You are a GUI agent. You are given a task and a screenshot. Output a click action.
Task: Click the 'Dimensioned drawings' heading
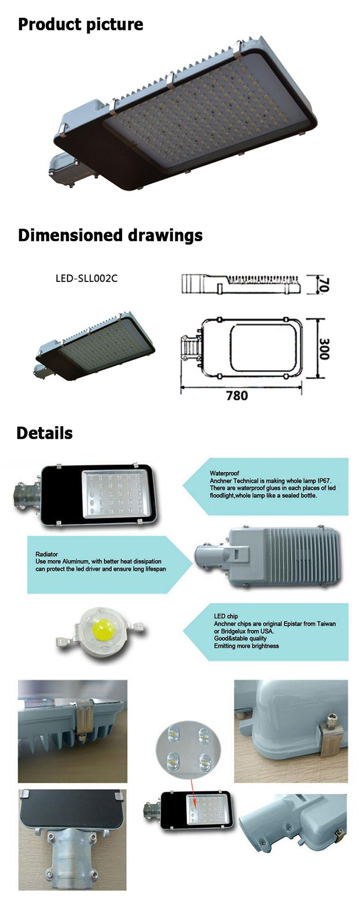pyautogui.click(x=110, y=235)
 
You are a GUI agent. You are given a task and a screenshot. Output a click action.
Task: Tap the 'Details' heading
pyautogui.click(x=45, y=433)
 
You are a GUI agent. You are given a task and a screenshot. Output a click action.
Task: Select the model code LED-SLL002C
pyautogui.click(x=86, y=278)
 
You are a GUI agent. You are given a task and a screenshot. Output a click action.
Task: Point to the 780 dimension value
pyautogui.click(x=237, y=396)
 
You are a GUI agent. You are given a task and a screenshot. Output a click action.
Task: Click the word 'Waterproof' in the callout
pyautogui.click(x=225, y=473)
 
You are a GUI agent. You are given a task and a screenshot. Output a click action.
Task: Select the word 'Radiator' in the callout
pyautogui.click(x=47, y=554)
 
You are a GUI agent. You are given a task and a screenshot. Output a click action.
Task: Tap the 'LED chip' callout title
pyautogui.click(x=226, y=616)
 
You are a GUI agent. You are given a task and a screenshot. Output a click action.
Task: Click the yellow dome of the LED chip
pyautogui.click(x=102, y=628)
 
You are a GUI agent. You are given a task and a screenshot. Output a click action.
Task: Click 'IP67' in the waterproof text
pyautogui.click(x=324, y=481)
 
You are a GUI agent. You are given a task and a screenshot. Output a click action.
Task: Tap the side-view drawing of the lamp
pyautogui.click(x=241, y=284)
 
